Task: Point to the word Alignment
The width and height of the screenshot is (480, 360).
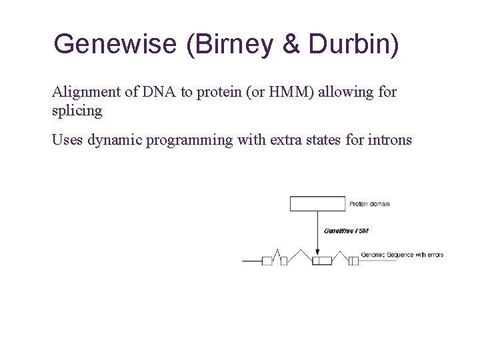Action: tap(83, 92)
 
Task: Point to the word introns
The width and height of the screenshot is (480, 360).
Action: tap(387, 140)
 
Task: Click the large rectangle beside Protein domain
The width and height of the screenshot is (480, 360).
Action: tap(318, 204)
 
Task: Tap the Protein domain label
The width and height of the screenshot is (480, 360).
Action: tap(369, 204)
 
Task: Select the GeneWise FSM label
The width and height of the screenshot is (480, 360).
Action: tap(346, 231)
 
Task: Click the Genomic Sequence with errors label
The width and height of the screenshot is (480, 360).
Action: tap(402, 255)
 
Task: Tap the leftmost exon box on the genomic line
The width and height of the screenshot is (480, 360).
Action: tap(267, 261)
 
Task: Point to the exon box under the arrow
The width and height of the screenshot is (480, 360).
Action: tap(322, 261)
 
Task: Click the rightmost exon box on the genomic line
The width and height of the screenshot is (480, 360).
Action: tap(353, 261)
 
